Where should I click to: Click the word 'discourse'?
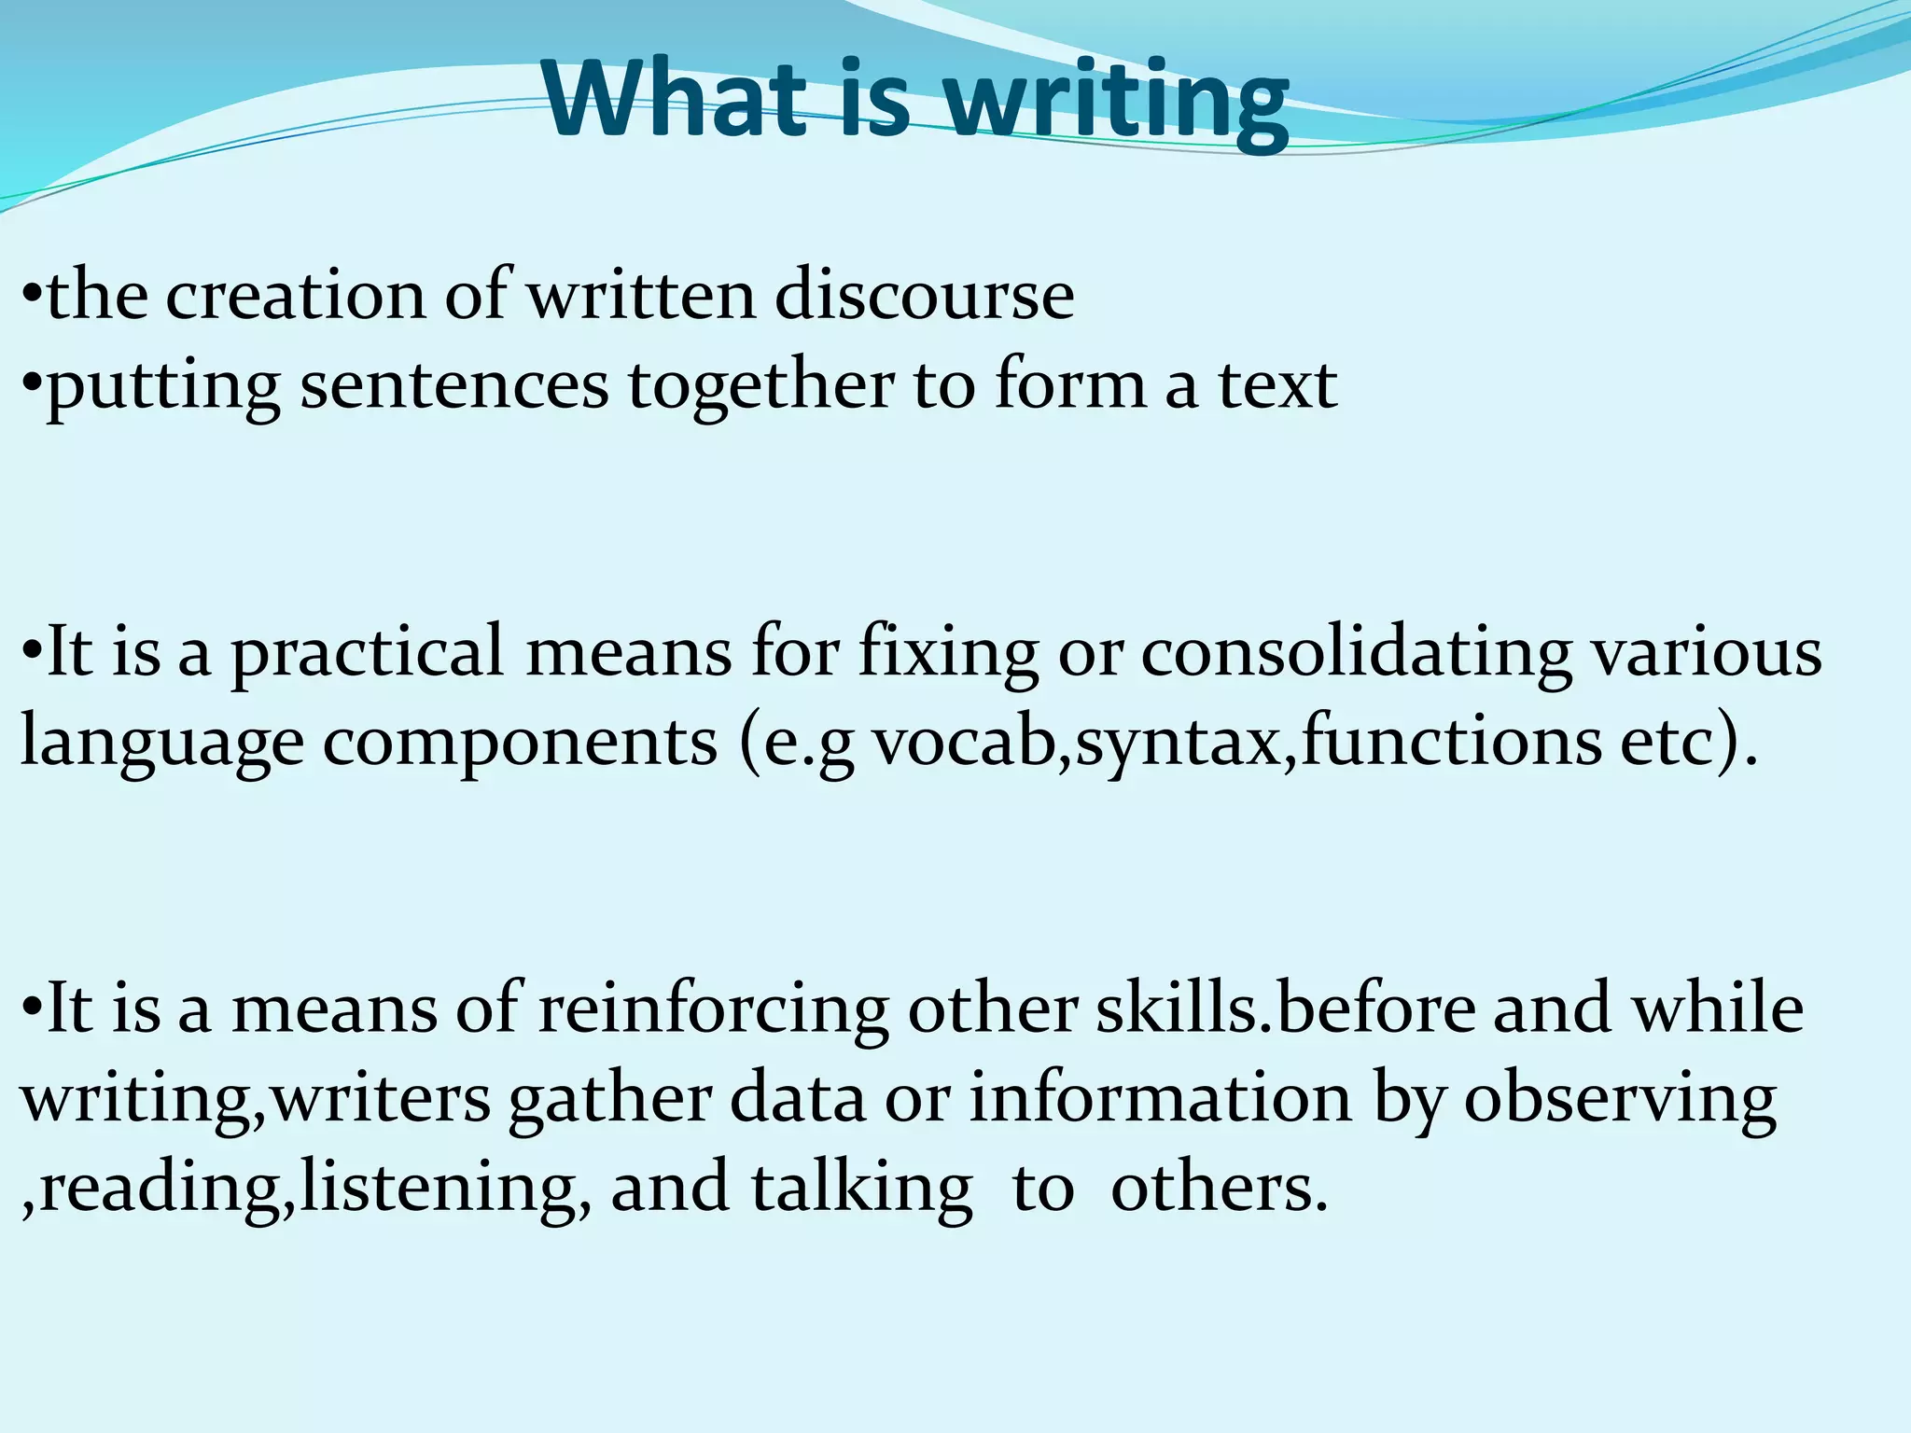click(924, 297)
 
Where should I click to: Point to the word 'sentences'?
click(453, 386)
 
